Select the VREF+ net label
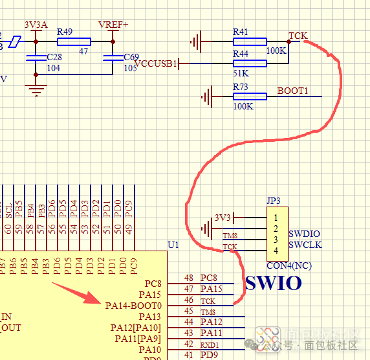[113, 25]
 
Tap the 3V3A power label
[36, 25]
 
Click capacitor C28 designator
[55, 58]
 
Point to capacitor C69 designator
[131, 58]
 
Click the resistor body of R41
[249, 42]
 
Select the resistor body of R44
[249, 63]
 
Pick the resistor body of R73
[249, 97]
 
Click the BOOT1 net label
[292, 91]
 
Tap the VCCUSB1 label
[155, 63]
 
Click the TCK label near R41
[298, 36]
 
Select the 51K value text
[241, 74]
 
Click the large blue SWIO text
[273, 283]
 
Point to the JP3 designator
[273, 201]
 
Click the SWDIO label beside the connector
[304, 234]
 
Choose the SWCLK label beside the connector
[305, 245]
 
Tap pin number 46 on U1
[189, 300]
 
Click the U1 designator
[173, 245]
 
